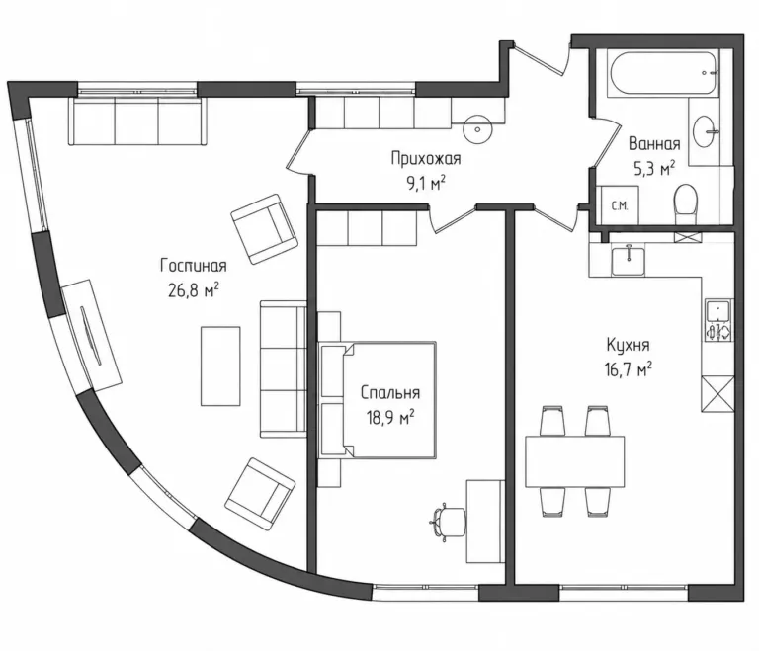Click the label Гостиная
[x=193, y=265]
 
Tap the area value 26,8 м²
[x=193, y=290]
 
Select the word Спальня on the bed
[x=390, y=392]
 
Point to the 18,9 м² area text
[x=390, y=417]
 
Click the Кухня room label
[x=628, y=345]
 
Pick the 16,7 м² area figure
[x=628, y=369]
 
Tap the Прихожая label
[x=426, y=158]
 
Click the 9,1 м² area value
[x=426, y=184]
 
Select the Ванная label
[x=654, y=144]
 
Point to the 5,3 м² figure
[x=654, y=169]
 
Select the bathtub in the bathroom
[x=663, y=73]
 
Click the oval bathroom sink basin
[x=706, y=130]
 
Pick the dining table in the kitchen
[x=575, y=461]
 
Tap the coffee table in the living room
[x=220, y=366]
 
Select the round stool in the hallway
[x=477, y=129]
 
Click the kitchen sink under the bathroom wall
[x=629, y=262]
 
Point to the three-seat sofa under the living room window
[x=138, y=121]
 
